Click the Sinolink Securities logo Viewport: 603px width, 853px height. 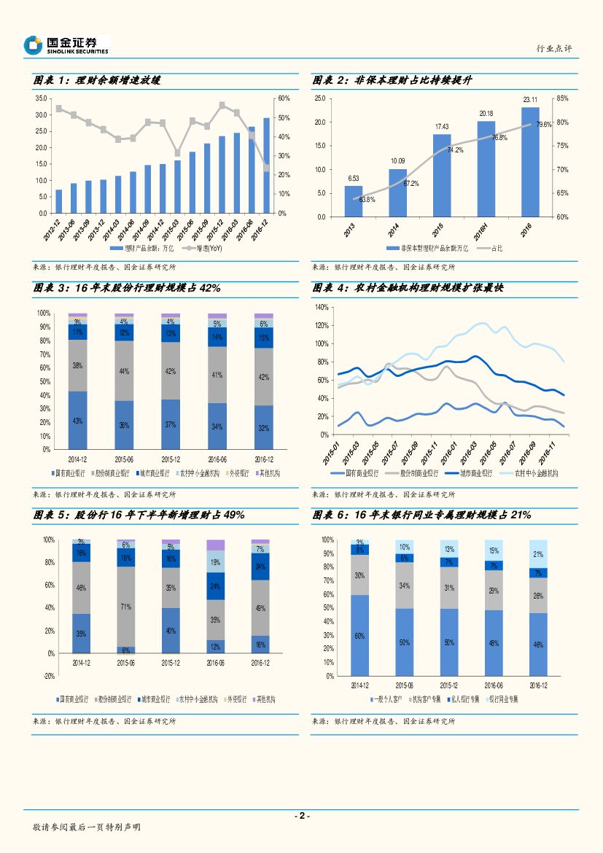[x=66, y=45]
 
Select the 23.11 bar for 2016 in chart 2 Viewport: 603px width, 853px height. [x=530, y=162]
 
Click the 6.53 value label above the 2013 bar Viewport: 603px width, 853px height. [x=353, y=178]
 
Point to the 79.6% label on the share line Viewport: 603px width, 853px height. [x=544, y=125]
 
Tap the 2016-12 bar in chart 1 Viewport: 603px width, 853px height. [x=266, y=165]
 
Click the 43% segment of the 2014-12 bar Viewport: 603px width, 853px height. [x=77, y=421]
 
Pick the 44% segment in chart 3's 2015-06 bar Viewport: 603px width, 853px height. [x=124, y=371]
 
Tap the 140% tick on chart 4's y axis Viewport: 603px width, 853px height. [x=322, y=308]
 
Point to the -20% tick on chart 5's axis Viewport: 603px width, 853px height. [x=49, y=677]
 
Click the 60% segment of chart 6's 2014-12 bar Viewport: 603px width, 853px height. [x=359, y=636]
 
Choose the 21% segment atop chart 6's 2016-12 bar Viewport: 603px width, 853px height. [x=538, y=554]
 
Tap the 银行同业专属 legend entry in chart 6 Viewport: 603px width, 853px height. [x=503, y=699]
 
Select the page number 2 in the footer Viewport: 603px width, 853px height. [x=301, y=816]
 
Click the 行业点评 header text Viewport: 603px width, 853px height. [x=554, y=48]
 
